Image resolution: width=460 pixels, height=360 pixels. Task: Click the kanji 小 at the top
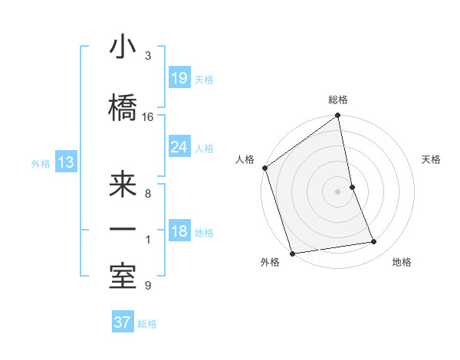coord(123,49)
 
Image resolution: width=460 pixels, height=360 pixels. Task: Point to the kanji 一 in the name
coord(123,231)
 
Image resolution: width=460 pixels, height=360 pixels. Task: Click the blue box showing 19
coord(179,77)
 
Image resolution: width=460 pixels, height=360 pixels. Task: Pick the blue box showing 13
coord(65,162)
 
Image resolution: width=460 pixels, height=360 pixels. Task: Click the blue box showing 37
coord(122,322)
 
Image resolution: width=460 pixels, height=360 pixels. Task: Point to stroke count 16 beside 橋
coord(148,116)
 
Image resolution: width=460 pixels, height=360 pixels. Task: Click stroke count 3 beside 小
coord(148,56)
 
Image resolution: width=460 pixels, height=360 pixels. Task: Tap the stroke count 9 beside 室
coord(148,286)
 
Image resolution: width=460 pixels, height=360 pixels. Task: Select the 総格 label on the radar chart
coord(338,100)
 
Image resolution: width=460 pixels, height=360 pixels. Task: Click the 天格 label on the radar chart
coord(432,159)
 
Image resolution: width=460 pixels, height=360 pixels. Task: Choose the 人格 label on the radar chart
coord(245,159)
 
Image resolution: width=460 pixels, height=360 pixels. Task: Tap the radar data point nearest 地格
coord(374,242)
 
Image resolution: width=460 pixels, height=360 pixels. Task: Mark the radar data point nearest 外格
coord(291,253)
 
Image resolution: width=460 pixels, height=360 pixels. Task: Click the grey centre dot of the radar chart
coord(337,191)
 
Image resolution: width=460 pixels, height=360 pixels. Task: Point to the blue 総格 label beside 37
coord(147,324)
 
